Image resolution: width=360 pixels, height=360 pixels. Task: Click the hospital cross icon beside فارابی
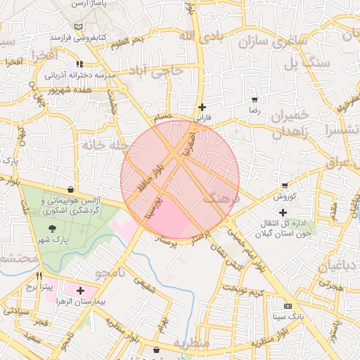[x=202, y=108]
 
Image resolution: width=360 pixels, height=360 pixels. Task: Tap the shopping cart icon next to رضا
[x=254, y=100]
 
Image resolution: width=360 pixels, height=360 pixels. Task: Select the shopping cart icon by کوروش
[x=285, y=186]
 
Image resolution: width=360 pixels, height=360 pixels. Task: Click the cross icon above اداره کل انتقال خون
[x=283, y=212]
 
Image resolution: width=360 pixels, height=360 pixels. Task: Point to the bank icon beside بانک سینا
[x=288, y=306]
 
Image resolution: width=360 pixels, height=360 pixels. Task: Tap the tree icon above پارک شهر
[x=52, y=228]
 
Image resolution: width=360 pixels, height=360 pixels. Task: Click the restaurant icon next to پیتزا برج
[x=39, y=276]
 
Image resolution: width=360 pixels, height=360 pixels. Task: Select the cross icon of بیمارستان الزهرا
[x=80, y=290]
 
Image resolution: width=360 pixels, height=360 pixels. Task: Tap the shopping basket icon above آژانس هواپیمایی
[x=71, y=189]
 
